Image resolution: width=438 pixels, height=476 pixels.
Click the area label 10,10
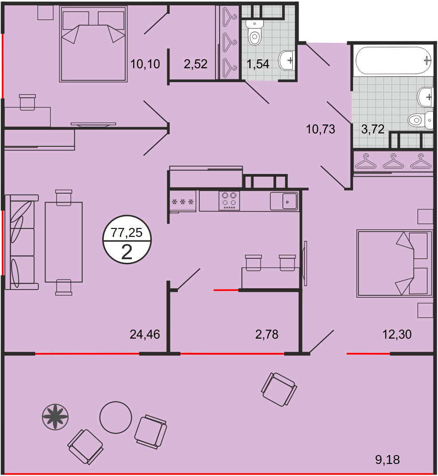click(x=145, y=64)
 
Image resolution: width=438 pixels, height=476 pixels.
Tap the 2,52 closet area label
click(x=196, y=64)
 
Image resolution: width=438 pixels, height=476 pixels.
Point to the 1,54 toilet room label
click(x=257, y=64)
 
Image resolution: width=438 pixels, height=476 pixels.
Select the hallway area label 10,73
click(x=320, y=129)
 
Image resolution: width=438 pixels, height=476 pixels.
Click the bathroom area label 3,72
click(x=373, y=129)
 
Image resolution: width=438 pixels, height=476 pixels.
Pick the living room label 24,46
click(x=145, y=334)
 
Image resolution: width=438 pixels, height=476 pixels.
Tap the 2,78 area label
click(x=267, y=334)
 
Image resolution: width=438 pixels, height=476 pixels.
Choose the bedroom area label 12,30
click(x=397, y=334)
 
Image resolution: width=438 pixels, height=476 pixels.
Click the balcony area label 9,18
click(x=387, y=459)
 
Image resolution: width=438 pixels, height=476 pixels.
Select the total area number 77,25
click(x=126, y=232)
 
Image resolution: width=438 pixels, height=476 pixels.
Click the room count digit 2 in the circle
click(x=127, y=252)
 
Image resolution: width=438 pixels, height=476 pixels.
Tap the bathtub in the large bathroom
click(x=394, y=60)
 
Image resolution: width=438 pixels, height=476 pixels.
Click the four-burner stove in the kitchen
click(x=229, y=201)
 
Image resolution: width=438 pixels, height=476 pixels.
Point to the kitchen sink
click(x=284, y=201)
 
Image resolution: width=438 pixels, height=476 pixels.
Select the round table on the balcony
click(x=116, y=418)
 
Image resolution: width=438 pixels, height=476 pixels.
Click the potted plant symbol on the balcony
click(x=55, y=417)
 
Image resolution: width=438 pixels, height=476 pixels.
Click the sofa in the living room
click(x=22, y=242)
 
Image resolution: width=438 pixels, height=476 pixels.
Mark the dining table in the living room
click(x=64, y=242)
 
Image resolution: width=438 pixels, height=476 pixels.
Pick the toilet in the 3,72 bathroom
click(x=421, y=120)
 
